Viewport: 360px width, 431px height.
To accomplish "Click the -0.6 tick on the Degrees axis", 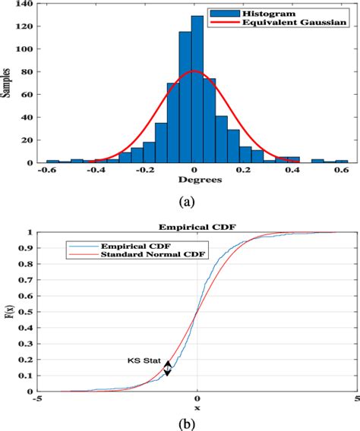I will click(47, 171).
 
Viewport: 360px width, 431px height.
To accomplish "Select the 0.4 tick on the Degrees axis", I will click(293, 171).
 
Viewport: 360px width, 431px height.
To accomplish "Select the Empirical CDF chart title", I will click(196, 227).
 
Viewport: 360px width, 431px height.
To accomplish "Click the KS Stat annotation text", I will click(144, 363).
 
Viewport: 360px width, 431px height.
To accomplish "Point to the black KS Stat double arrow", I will click(167, 367).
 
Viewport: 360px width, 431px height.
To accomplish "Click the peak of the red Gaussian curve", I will click(194, 71).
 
